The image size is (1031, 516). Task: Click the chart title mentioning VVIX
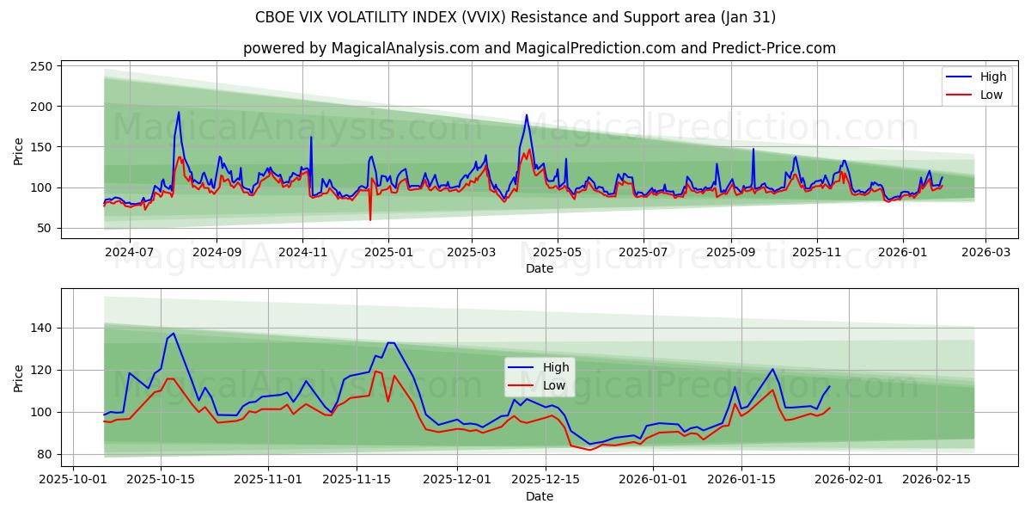coord(515,17)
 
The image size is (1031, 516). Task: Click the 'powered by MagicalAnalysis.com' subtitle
coord(539,48)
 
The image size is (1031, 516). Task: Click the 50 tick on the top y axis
coord(45,228)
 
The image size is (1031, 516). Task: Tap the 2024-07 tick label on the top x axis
coord(129,253)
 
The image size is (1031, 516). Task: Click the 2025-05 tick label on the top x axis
coord(557,253)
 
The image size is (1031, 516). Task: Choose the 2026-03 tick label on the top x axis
coord(985,253)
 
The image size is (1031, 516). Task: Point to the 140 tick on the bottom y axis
coord(41,328)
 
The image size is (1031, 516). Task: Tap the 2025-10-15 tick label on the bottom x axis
coord(162,477)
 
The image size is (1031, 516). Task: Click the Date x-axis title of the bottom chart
coord(539,496)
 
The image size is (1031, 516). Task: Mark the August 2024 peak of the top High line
coord(179,113)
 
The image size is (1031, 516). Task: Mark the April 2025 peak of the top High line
coord(527,115)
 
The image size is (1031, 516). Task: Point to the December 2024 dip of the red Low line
coord(370,219)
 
